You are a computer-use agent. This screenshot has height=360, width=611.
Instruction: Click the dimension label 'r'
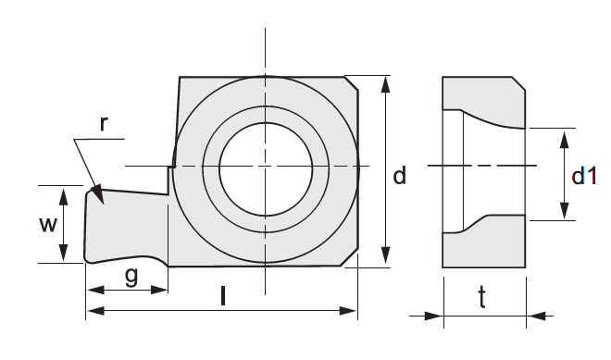tap(103, 124)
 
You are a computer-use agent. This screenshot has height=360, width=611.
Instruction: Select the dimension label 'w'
tap(48, 224)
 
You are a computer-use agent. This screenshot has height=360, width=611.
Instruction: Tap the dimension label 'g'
tap(131, 276)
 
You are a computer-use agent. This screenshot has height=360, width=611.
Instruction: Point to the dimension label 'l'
tap(223, 296)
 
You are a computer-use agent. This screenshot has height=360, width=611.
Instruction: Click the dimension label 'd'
tap(399, 175)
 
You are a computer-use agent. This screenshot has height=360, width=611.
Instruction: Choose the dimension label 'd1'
tap(584, 176)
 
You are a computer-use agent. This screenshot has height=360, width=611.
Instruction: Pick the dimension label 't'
tap(482, 297)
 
